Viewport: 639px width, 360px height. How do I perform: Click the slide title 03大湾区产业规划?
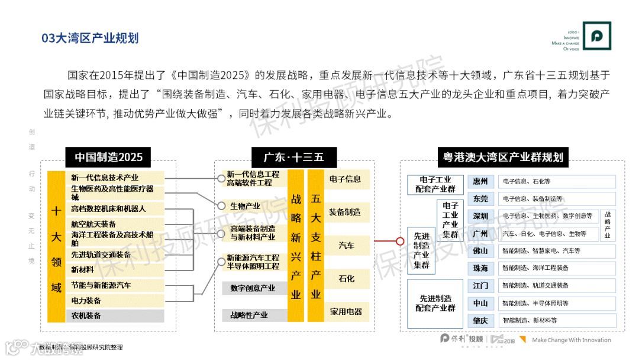click(x=90, y=38)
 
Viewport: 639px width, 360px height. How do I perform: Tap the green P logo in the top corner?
click(x=596, y=36)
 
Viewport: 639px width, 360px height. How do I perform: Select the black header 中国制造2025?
click(x=108, y=157)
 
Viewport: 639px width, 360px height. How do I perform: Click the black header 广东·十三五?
click(x=294, y=157)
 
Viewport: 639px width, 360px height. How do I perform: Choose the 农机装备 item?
click(x=86, y=316)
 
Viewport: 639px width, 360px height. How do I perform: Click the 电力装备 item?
click(x=86, y=300)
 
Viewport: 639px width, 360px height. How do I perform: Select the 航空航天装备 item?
click(x=93, y=224)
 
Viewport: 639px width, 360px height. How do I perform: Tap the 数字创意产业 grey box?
click(x=253, y=288)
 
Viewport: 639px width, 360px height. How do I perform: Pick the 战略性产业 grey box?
click(x=249, y=315)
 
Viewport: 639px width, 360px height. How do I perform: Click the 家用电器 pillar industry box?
click(x=346, y=311)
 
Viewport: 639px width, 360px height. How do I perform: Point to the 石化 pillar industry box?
click(x=346, y=278)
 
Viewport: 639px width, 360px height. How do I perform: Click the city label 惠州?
click(x=480, y=182)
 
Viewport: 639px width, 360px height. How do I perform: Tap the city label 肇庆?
click(x=480, y=320)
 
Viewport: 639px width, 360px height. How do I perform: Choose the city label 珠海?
click(x=480, y=268)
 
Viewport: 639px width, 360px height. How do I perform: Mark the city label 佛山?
click(x=480, y=251)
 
